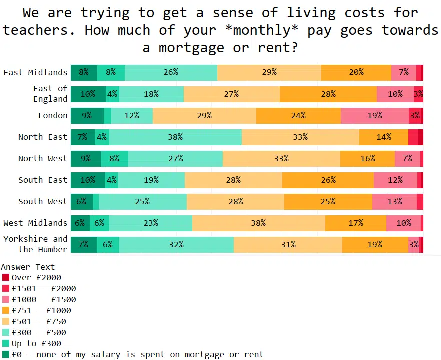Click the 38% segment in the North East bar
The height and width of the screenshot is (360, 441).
175,137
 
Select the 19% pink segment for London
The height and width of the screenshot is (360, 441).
374,116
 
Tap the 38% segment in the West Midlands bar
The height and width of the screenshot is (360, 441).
258,223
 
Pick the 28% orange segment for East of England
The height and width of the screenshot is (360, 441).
328,94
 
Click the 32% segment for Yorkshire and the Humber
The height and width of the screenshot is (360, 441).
176,245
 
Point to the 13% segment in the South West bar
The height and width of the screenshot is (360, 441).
394,202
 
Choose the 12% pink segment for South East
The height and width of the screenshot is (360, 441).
395,180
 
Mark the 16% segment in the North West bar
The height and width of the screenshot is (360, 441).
367,159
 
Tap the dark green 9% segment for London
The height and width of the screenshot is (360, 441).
87,116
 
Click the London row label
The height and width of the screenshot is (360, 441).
53,116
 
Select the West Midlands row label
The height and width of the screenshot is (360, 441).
35,223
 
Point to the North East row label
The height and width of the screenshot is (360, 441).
43,137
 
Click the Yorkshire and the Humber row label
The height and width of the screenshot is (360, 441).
35,244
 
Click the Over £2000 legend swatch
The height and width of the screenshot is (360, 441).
6,278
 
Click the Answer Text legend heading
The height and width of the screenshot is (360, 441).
28,267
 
